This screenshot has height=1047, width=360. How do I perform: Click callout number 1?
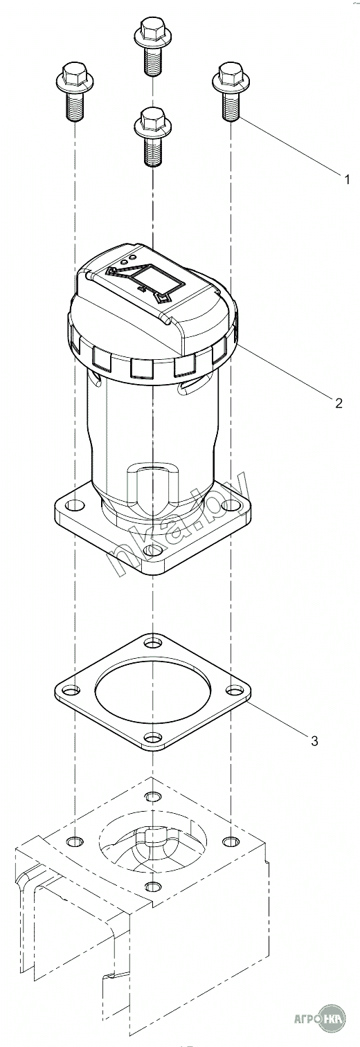346,179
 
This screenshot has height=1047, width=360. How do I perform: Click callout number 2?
339,403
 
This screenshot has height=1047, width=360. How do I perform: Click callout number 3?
314,740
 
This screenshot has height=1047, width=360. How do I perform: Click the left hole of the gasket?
70,690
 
